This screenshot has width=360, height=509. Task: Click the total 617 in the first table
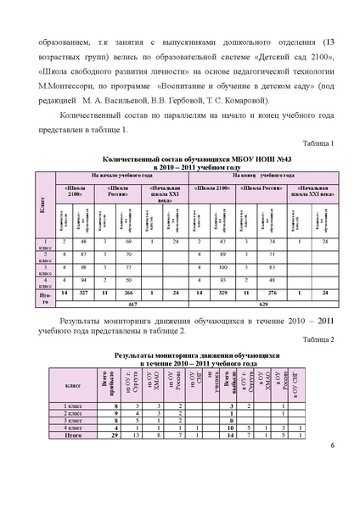[132, 303]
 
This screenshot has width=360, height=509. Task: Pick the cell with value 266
[131, 292]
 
